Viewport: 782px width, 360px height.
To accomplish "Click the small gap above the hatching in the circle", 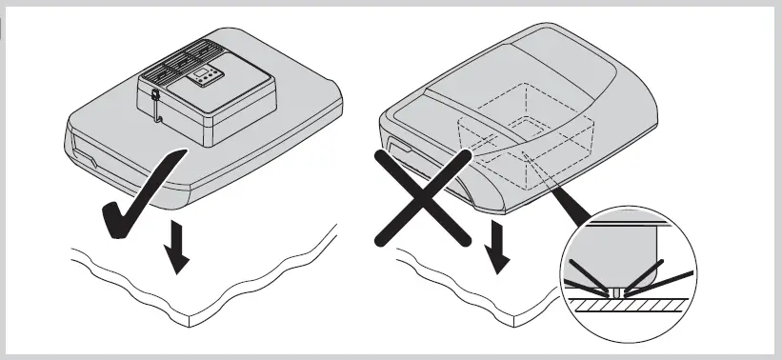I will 620,290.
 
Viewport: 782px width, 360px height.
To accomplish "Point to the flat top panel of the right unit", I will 533,67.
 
